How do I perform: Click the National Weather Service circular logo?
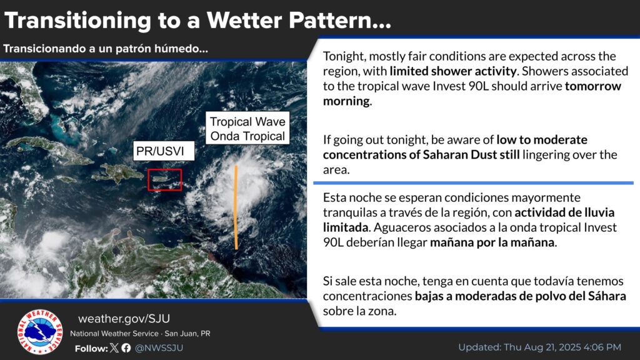click(x=40, y=331)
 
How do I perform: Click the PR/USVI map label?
click(x=164, y=151)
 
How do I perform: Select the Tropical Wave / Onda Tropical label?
click(x=247, y=128)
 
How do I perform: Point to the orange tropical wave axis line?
click(x=236, y=207)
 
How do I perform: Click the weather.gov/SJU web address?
click(x=124, y=318)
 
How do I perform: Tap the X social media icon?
click(x=114, y=347)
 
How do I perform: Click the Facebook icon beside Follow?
click(x=126, y=347)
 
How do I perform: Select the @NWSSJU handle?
click(x=159, y=347)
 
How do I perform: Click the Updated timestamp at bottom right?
click(x=539, y=347)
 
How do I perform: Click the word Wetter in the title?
click(x=244, y=21)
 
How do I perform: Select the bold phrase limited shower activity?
click(x=454, y=71)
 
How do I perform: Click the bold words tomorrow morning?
click(x=472, y=94)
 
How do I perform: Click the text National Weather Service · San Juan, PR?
click(x=140, y=334)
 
